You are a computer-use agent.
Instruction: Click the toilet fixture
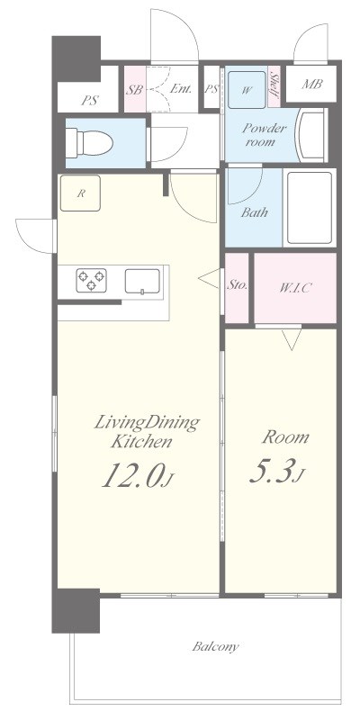point(89,143)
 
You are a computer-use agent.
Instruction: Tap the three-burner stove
point(92,280)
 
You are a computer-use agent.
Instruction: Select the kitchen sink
point(142,281)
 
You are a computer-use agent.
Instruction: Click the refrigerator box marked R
point(80,193)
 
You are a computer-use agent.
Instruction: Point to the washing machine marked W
point(247,89)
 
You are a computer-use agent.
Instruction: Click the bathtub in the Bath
point(310,208)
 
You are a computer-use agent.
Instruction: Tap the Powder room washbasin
point(311,135)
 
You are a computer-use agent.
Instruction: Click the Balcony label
point(215,647)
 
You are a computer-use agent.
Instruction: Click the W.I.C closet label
point(296,288)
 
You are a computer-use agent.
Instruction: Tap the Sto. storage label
point(238,285)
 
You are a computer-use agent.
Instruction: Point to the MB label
point(311,84)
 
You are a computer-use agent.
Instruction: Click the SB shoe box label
point(134,89)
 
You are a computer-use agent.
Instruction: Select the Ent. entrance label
point(181,89)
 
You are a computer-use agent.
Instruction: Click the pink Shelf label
point(274,85)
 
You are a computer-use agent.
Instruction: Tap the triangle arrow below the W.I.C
point(292,340)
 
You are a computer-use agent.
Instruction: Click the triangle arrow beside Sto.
point(210,279)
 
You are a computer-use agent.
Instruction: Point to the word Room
point(285,436)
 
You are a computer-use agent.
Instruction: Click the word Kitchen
point(142,442)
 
